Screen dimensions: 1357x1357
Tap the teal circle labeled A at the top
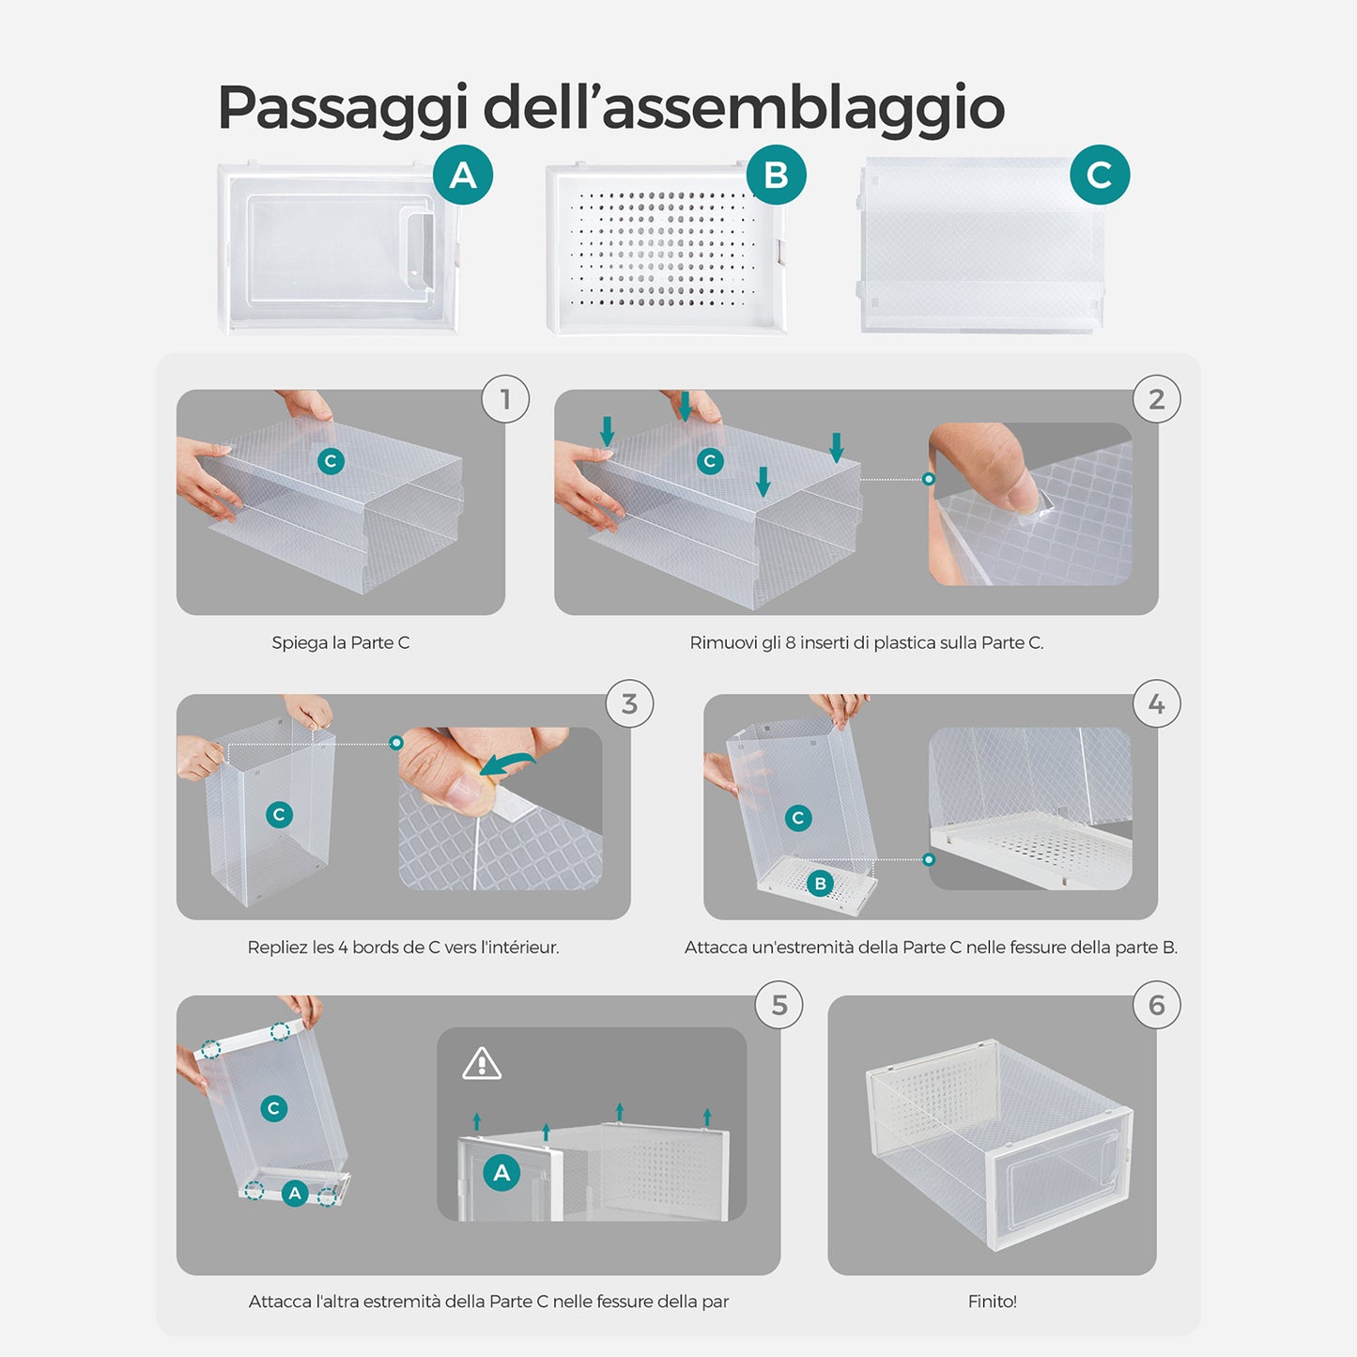[x=463, y=175]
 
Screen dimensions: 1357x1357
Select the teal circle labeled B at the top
[x=776, y=175]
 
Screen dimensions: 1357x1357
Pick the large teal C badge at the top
[x=1100, y=175]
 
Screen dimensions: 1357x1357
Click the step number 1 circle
[x=505, y=399]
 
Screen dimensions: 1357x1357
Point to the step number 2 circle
[x=1156, y=399]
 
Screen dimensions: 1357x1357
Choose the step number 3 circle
[x=629, y=703]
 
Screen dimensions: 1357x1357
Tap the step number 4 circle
[x=1156, y=703]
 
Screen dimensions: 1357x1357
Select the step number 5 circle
[x=779, y=1005]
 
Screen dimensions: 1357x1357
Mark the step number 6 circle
[x=1156, y=1005]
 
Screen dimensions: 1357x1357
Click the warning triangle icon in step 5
[x=482, y=1064]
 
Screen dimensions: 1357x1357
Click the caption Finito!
[x=993, y=1302]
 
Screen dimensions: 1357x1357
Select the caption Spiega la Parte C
[x=341, y=643]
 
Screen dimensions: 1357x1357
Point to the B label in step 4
[x=820, y=883]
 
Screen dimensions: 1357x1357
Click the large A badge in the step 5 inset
[x=501, y=1173]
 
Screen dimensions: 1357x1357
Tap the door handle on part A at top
[x=419, y=250]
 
